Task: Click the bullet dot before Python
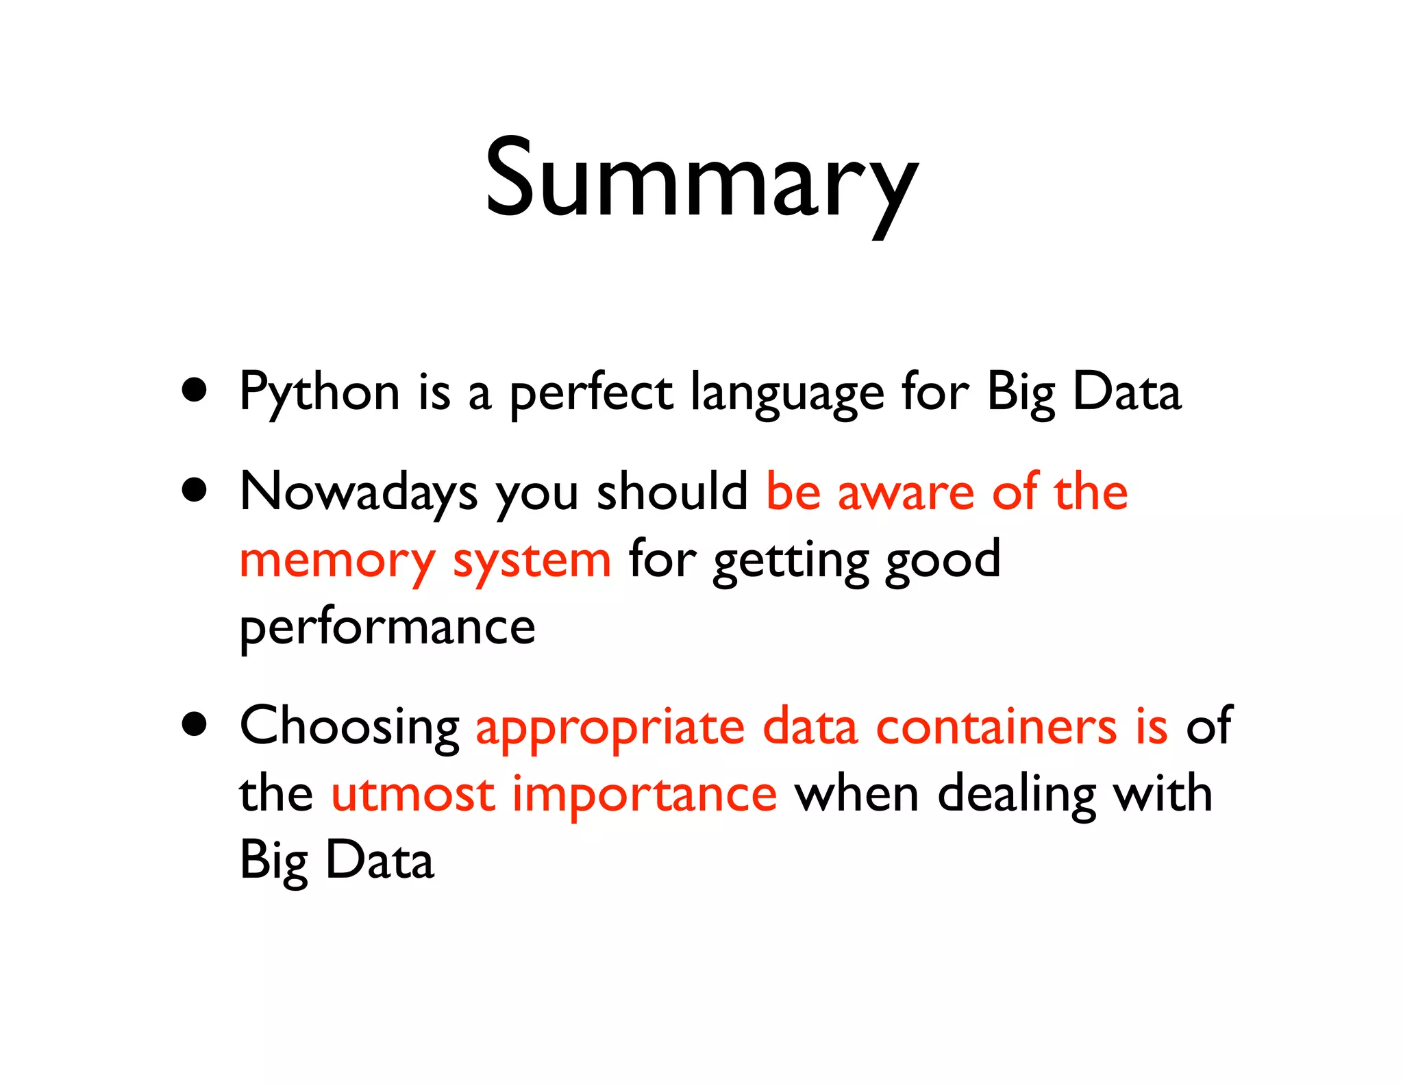[195, 391]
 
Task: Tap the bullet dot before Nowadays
[195, 491]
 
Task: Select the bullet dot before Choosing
[195, 724]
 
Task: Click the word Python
[319, 393]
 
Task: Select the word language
[787, 393]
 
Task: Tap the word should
[672, 492]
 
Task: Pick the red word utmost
[413, 795]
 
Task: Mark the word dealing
[1016, 795]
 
